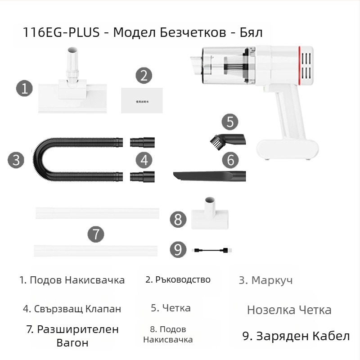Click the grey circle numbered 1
click(25, 87)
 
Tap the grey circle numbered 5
click(229, 121)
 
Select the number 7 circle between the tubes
click(95, 234)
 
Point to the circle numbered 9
click(179, 250)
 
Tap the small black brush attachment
click(227, 138)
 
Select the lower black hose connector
click(142, 176)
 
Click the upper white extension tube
click(97, 212)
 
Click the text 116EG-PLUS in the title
click(63, 33)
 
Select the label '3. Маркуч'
click(265, 280)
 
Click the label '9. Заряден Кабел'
click(296, 336)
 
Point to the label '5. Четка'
click(171, 308)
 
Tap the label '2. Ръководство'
click(178, 279)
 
